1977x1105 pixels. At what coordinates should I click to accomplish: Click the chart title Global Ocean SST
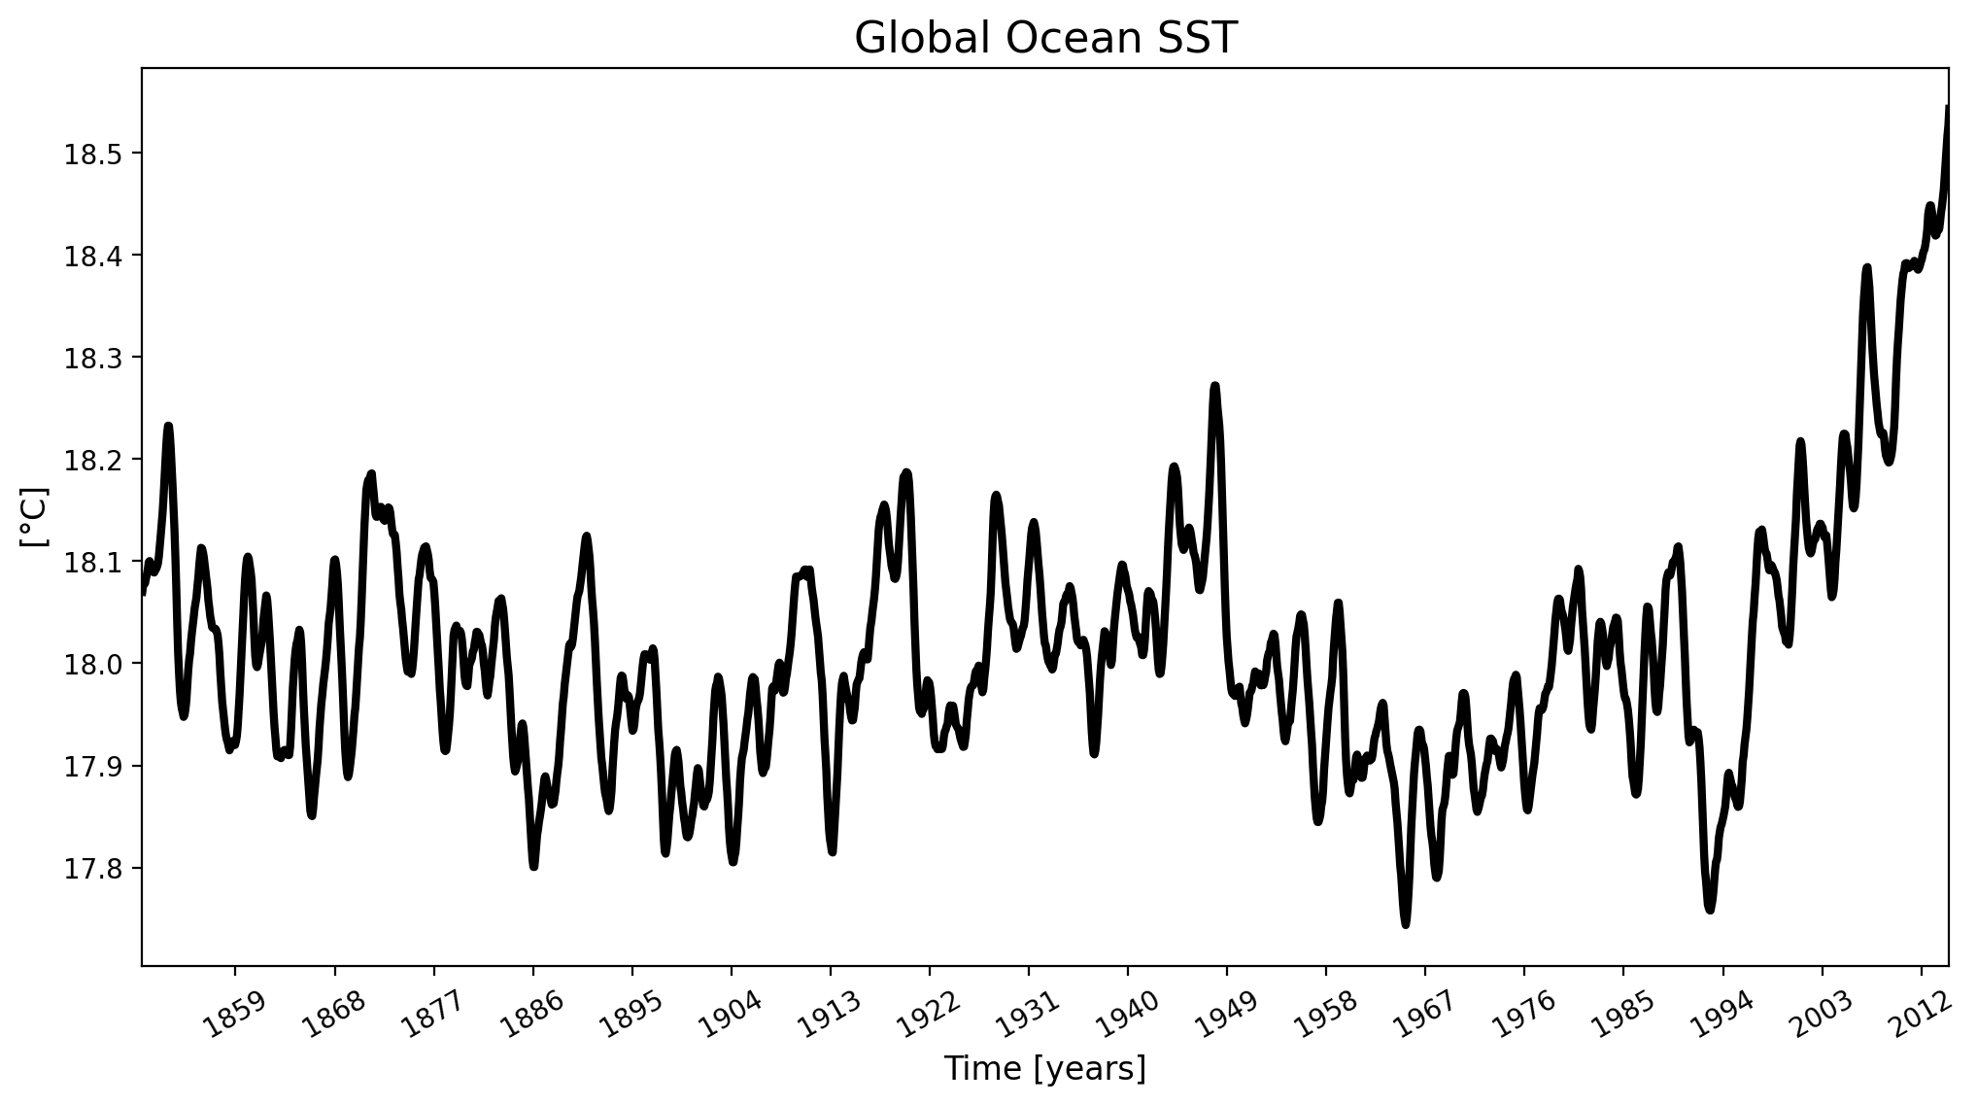[x=1045, y=39]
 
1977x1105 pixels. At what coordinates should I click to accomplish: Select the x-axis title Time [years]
[x=1045, y=1069]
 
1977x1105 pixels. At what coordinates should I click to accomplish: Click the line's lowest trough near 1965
[x=1405, y=924]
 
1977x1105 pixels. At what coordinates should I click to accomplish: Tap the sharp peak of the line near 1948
[x=1214, y=386]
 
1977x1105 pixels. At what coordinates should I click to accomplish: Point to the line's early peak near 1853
[x=168, y=426]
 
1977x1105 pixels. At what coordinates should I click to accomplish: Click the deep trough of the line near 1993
[x=1709, y=910]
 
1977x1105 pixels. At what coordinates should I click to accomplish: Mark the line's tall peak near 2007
[x=1866, y=267]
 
